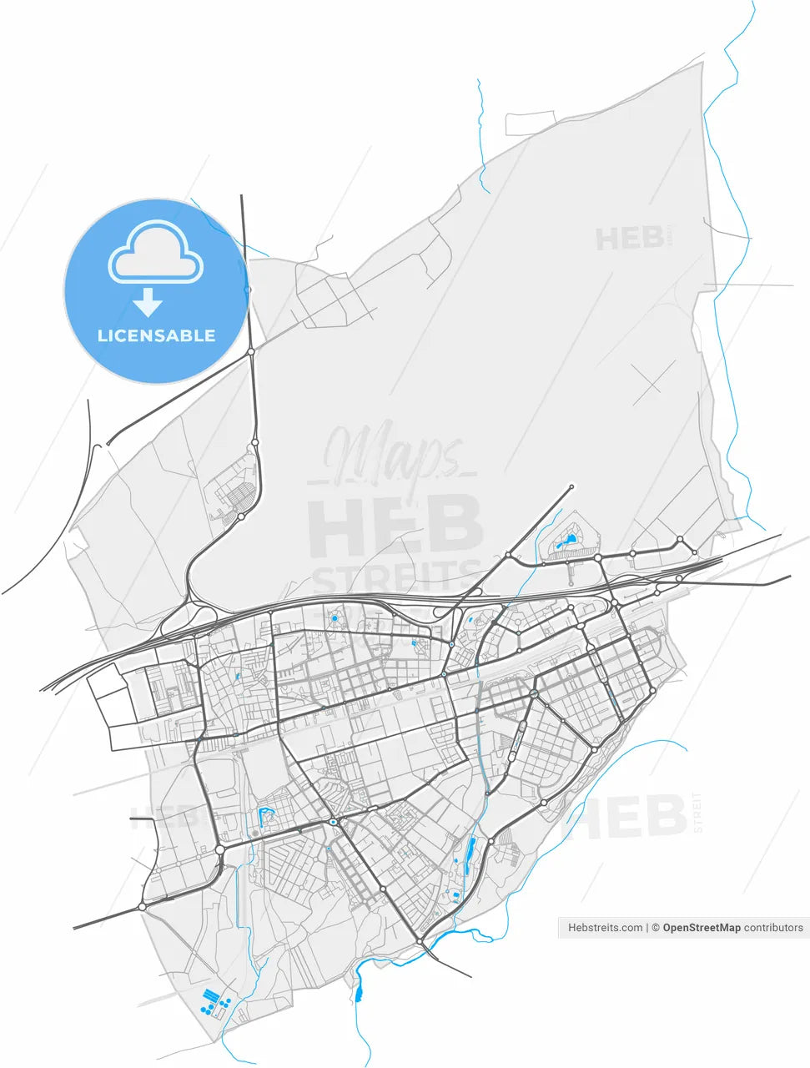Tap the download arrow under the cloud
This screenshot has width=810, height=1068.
point(148,302)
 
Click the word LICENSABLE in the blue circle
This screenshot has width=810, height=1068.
point(156,335)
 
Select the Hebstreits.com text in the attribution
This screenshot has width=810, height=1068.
point(605,927)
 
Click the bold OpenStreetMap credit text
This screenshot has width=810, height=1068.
point(701,927)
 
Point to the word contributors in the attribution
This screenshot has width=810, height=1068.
point(773,927)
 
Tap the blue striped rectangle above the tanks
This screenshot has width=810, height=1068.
point(212,994)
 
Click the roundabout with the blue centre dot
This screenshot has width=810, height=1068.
point(333,823)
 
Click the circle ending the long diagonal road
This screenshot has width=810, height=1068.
point(571,486)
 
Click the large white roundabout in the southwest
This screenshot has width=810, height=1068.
point(219,849)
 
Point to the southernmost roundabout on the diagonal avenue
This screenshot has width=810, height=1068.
point(420,941)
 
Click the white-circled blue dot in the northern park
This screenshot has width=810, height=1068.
point(335,618)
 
